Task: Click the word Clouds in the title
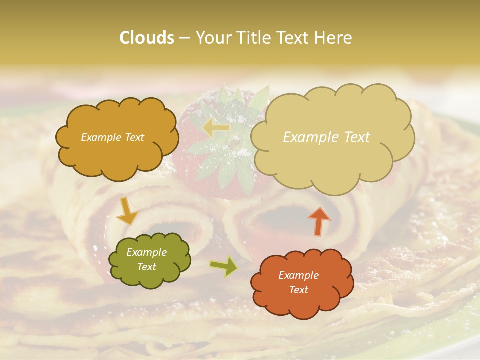pos(147,38)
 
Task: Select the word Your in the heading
pos(212,38)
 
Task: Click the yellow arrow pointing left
pos(216,127)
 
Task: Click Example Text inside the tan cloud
pos(326,137)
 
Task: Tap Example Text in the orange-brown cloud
pos(112,137)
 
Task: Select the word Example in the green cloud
pos(147,252)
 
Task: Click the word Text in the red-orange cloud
pos(299,290)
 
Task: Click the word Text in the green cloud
pos(147,267)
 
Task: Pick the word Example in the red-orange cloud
pos(299,275)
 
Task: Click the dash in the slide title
pos(184,38)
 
